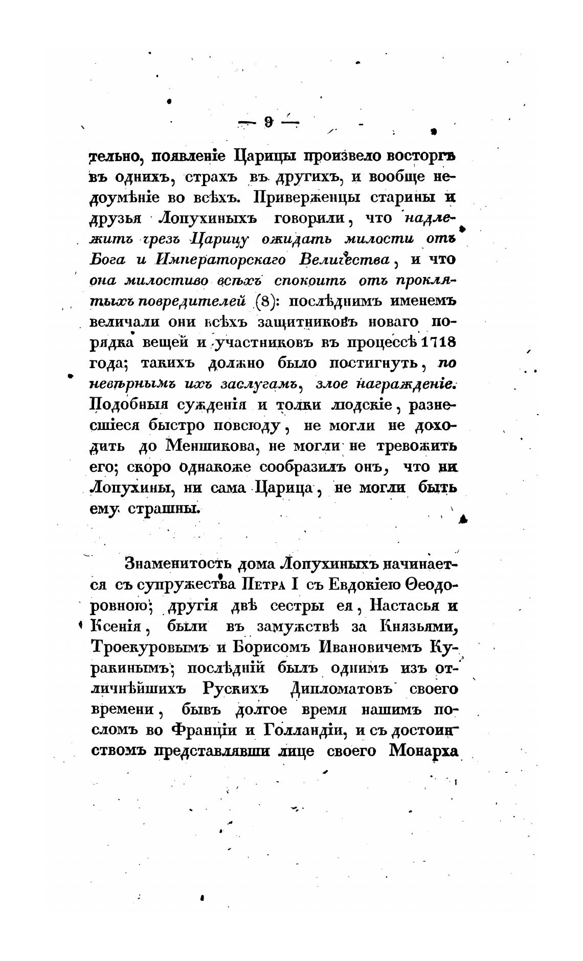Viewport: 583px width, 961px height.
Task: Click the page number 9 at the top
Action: [267, 122]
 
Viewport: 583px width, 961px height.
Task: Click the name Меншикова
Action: [211, 446]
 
